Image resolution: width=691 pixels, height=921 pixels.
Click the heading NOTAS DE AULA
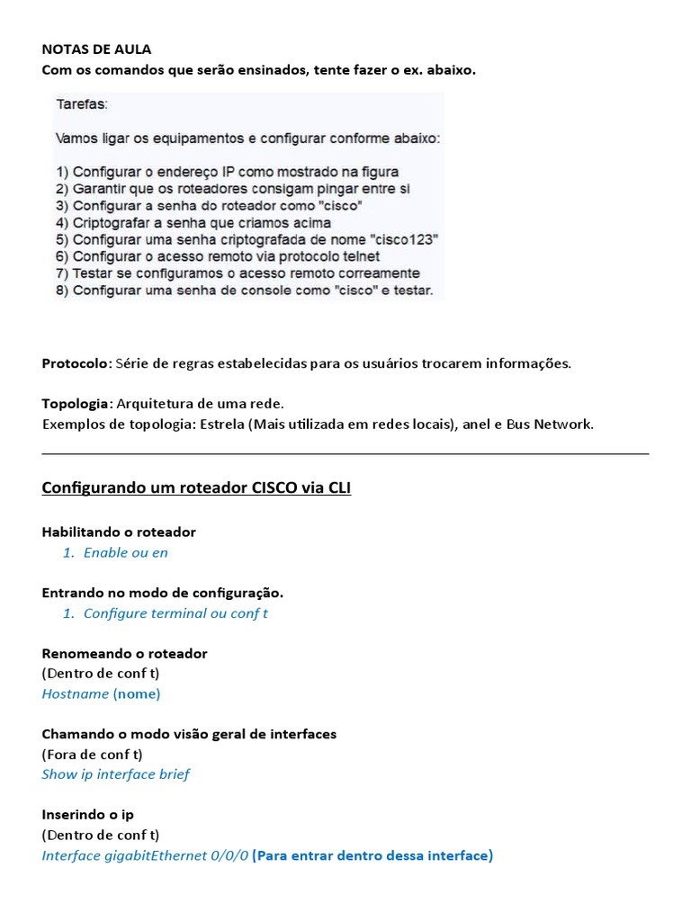point(96,49)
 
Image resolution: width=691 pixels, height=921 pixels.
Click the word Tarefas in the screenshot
point(81,104)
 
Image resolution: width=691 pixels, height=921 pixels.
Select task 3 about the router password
point(209,204)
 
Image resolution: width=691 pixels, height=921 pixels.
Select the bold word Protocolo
point(76,363)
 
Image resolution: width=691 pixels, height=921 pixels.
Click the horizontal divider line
point(345,454)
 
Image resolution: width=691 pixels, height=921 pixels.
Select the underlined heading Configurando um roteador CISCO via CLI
point(196,488)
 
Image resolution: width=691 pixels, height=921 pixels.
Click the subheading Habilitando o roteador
point(119,532)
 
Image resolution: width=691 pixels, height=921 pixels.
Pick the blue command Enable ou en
point(125,552)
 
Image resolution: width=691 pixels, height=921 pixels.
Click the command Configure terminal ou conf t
point(175,613)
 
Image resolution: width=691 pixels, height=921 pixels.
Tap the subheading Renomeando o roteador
point(124,653)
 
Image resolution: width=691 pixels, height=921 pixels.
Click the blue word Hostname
point(75,693)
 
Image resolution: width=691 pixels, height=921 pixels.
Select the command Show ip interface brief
point(115,774)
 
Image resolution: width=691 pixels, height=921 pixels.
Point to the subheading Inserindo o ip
point(88,814)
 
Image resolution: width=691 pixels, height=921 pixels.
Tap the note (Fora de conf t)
point(92,754)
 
